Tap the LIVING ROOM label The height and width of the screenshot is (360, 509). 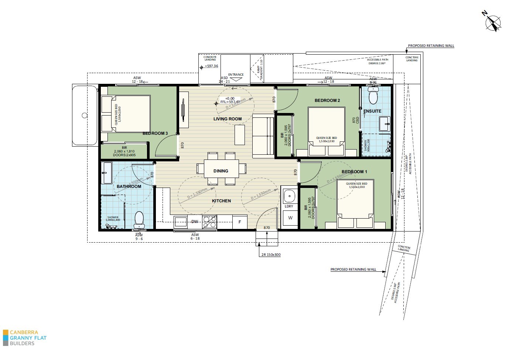point(228,119)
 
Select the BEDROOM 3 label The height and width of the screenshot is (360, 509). point(155,133)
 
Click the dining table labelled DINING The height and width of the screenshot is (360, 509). point(221,168)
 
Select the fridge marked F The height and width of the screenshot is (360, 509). point(240,222)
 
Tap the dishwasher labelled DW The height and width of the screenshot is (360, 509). point(195,222)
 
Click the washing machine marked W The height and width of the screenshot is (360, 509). point(290,218)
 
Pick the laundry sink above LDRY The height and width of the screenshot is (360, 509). point(289,196)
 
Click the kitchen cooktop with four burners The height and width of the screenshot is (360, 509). point(209,222)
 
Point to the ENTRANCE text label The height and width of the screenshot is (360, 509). point(236,75)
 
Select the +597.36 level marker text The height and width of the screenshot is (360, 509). point(211,66)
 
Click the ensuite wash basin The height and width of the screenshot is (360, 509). point(385,123)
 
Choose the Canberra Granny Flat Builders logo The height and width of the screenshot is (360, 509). point(24,337)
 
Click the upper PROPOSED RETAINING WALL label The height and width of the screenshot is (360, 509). point(431,46)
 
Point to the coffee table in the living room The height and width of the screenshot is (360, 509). point(239,135)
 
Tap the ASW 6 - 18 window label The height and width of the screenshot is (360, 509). point(195,237)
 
